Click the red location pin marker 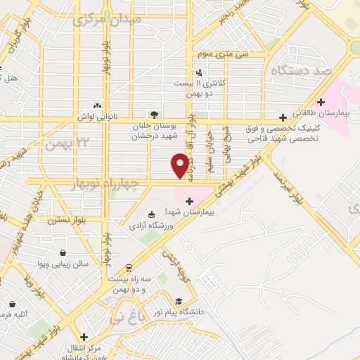(x=181, y=165)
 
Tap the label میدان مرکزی (x=108, y=19)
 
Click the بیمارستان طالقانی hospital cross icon (x=321, y=101)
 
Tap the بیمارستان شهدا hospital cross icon (x=188, y=202)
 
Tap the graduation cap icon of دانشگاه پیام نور (x=178, y=300)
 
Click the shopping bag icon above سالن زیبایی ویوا (x=63, y=252)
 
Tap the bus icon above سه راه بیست (x=129, y=268)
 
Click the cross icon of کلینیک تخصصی (x=283, y=117)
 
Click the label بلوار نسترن (x=66, y=220)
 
